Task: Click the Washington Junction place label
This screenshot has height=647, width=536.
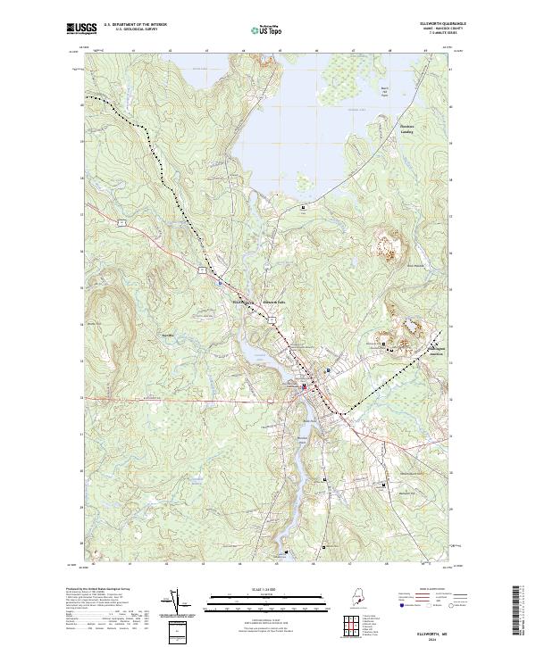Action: click(x=432, y=348)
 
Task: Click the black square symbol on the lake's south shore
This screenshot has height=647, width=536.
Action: click(x=303, y=207)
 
